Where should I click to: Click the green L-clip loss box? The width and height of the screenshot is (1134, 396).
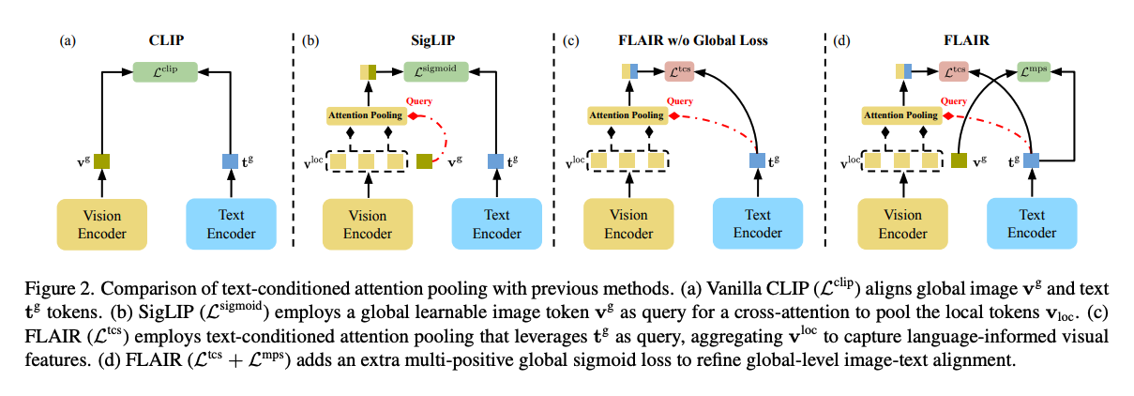point(163,69)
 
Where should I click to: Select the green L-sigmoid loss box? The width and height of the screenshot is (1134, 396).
point(437,69)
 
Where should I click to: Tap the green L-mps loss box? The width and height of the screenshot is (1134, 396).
point(1040,69)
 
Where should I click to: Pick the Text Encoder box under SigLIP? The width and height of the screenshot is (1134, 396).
point(496,223)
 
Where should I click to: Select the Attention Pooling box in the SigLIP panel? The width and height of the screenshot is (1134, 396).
point(365,115)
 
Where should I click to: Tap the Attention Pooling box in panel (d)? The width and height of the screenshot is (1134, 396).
point(899,115)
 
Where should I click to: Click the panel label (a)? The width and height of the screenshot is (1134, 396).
point(67,40)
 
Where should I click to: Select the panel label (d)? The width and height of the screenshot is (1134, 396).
point(841,40)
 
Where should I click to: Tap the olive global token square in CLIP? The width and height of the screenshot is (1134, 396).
point(101,161)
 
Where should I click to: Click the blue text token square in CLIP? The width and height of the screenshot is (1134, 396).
point(230,161)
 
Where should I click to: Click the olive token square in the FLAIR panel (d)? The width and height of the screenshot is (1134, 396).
point(959,161)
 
